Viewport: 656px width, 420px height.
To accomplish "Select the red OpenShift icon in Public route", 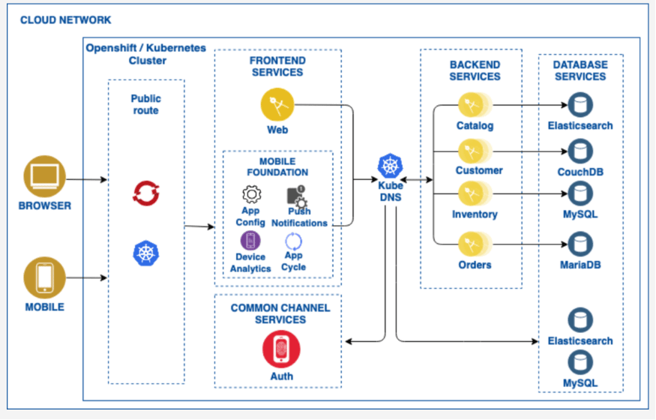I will [145, 193].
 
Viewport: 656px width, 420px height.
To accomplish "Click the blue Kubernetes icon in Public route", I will [145, 253].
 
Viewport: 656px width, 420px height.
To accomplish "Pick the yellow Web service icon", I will [277, 105].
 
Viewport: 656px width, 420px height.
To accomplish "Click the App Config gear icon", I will [251, 194].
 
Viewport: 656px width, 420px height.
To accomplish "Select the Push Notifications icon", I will [296, 196].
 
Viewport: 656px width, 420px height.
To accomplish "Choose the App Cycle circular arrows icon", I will [293, 241].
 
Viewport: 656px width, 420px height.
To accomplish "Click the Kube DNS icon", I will [391, 166].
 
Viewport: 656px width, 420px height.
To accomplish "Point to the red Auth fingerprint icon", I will [281, 350].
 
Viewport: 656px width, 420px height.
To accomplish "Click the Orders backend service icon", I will [474, 244].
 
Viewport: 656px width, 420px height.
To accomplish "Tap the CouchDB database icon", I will [580, 151].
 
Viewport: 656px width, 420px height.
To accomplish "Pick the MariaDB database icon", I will [580, 244].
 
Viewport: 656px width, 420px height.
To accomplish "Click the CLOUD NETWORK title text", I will [65, 19].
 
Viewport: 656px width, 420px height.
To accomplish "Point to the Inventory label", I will [475, 214].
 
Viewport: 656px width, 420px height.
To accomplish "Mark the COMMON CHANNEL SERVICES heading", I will [280, 313].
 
